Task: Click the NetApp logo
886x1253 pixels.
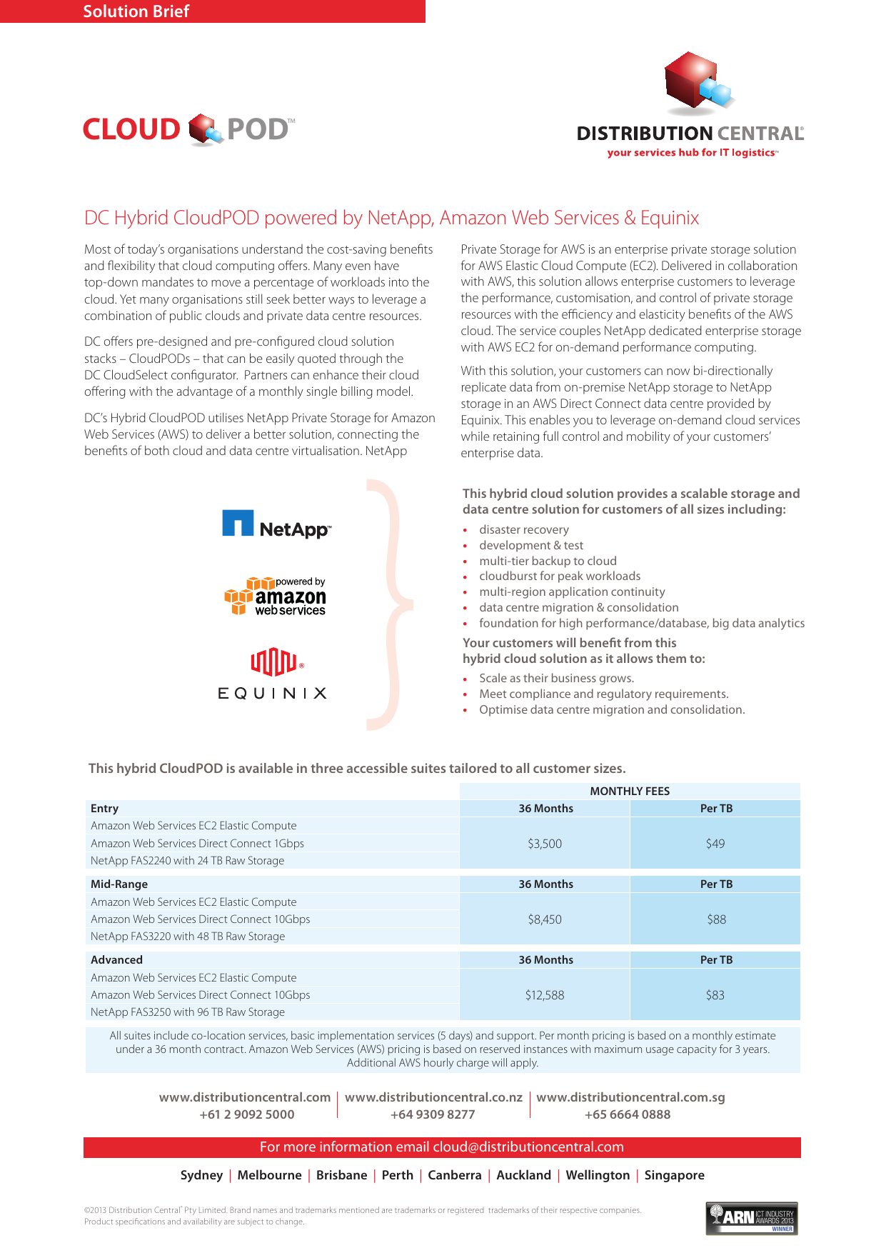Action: click(276, 524)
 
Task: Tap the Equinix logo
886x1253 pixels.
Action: click(272, 674)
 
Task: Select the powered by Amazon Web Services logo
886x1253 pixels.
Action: click(275, 596)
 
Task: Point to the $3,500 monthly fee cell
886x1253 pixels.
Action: click(545, 844)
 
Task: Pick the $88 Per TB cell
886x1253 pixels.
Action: click(716, 919)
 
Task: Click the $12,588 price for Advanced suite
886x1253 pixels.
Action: click(545, 995)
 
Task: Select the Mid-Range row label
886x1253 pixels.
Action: click(119, 884)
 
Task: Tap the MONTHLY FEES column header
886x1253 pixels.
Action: click(630, 791)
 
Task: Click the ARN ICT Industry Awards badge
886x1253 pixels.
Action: click(752, 1219)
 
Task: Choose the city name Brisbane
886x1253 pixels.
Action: click(341, 1175)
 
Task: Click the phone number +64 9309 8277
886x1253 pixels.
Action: click(433, 1114)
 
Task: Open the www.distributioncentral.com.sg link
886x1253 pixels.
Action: click(630, 1097)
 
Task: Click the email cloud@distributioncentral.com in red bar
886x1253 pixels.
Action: click(528, 1147)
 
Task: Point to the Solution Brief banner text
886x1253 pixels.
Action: click(136, 11)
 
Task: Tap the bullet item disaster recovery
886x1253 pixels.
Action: click(524, 530)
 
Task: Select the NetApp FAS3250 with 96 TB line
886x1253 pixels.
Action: click(188, 1012)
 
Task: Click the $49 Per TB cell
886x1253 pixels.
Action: click(715, 844)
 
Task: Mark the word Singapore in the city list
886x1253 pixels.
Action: click(674, 1175)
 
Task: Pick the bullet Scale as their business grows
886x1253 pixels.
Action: click(556, 679)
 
